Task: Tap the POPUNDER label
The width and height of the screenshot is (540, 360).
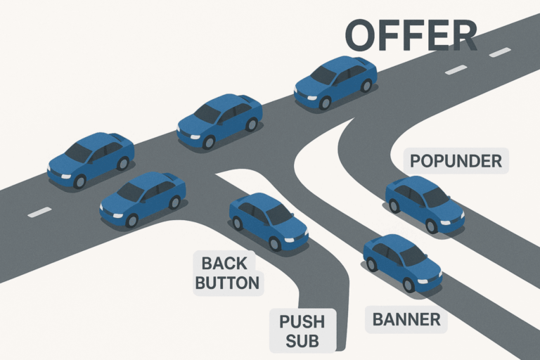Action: [456, 161]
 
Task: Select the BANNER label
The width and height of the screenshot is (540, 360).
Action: [406, 320]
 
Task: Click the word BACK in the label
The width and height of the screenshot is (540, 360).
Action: [224, 264]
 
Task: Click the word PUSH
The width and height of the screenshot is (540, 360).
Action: [302, 322]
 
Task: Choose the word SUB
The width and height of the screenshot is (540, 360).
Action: [302, 342]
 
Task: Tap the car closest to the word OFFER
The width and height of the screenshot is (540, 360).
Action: [335, 82]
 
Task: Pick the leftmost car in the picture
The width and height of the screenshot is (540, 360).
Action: [91, 160]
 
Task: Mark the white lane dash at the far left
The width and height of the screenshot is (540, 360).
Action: [39, 212]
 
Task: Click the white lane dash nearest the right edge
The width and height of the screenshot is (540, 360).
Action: [500, 52]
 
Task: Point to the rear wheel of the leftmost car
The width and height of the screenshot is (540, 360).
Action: [123, 163]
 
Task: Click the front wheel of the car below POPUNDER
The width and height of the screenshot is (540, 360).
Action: [431, 226]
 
